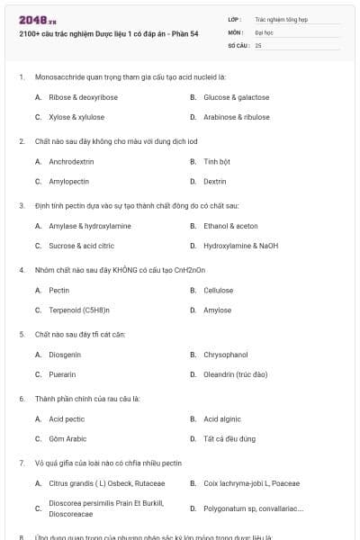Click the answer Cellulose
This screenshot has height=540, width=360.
[218, 291]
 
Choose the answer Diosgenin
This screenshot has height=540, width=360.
[65, 355]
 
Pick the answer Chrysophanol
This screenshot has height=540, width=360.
[225, 355]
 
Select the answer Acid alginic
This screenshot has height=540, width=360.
[220, 419]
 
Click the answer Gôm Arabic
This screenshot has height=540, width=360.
[67, 438]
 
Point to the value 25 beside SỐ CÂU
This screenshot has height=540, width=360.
[258, 44]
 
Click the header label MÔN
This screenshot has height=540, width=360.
[235, 31]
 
